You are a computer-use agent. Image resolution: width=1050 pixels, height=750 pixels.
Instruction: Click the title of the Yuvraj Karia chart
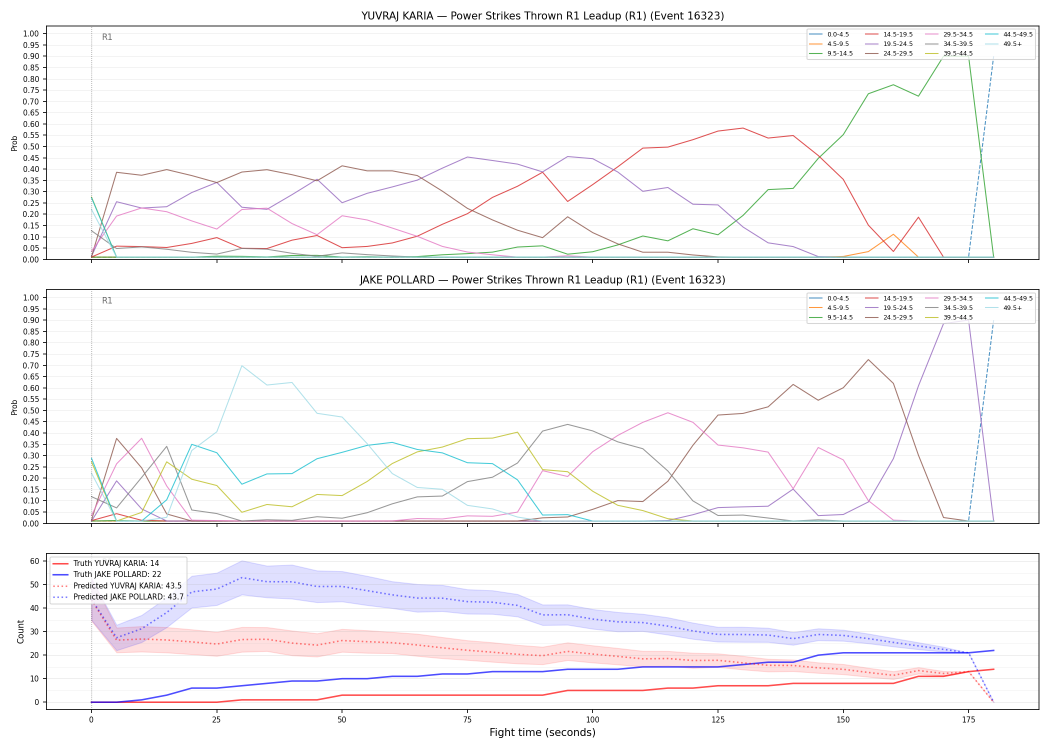[x=542, y=16]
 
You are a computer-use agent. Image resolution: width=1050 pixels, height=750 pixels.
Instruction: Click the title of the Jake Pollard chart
[x=542, y=280]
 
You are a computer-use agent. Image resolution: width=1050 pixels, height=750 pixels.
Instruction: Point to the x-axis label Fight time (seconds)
[x=542, y=732]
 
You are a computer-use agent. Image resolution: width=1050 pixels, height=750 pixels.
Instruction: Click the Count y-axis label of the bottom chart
[x=20, y=631]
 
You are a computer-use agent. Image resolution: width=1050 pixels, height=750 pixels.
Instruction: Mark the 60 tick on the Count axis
[x=34, y=561]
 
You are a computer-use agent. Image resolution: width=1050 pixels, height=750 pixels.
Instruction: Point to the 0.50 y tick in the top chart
[x=31, y=146]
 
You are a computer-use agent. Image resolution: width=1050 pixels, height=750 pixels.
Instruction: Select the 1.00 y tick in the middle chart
[x=31, y=297]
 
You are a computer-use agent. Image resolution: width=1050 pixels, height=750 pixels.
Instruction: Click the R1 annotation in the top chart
[x=107, y=37]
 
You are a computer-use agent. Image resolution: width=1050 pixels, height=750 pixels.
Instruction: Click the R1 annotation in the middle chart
[x=107, y=300]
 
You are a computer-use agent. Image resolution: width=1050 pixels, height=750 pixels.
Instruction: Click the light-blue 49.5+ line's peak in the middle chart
[x=242, y=365]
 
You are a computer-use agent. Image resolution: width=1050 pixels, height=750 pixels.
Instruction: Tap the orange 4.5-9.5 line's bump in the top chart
[x=893, y=234]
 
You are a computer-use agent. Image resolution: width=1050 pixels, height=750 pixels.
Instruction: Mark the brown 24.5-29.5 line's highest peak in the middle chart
[x=868, y=359]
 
